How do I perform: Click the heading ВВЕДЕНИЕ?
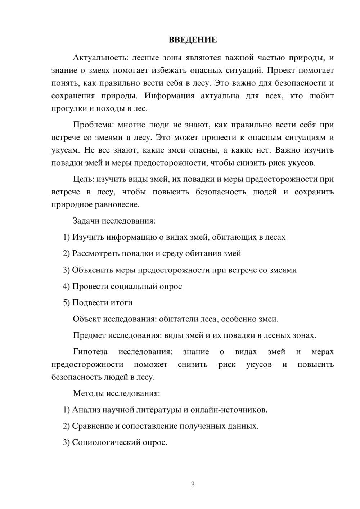click(193, 40)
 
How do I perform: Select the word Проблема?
click(93, 125)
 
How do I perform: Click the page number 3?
click(193, 485)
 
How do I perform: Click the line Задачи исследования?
click(114, 221)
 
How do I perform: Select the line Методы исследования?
click(116, 393)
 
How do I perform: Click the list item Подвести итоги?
click(102, 303)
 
